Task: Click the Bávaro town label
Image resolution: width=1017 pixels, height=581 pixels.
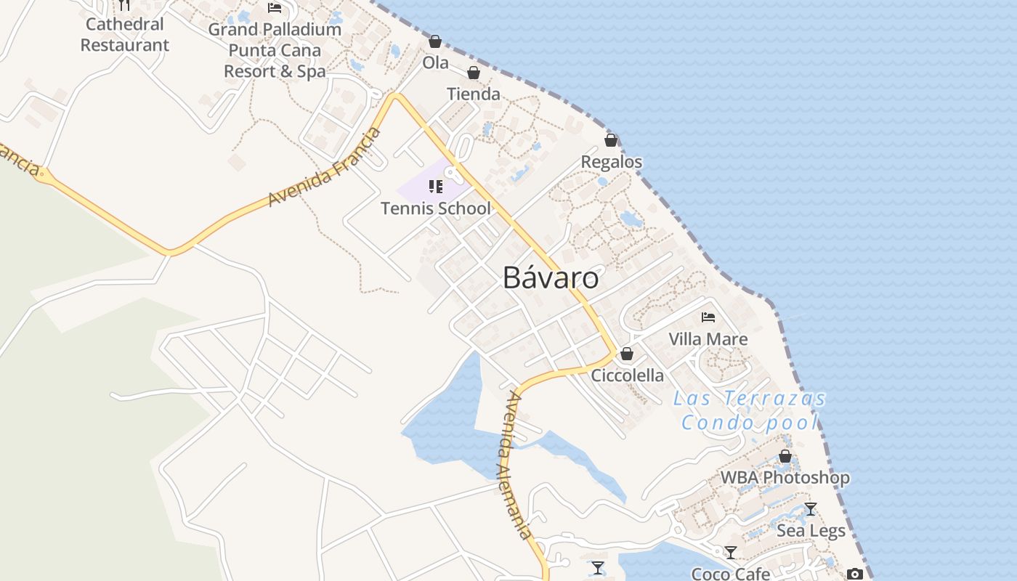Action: pos(551,278)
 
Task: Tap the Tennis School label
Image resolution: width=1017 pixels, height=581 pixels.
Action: pos(436,208)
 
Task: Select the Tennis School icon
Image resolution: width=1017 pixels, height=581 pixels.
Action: pos(436,187)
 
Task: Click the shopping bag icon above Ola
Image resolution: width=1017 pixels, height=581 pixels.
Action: pos(435,42)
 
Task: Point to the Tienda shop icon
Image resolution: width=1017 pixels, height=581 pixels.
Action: pos(474,73)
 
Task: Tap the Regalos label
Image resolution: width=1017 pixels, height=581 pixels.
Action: pos(612,161)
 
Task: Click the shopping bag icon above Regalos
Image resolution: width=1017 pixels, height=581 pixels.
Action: pos(611,140)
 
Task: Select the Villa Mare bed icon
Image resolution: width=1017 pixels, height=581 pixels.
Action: pos(708,317)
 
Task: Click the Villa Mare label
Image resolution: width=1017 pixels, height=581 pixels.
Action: pos(708,338)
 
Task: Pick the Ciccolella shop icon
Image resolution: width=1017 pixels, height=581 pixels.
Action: pos(627,354)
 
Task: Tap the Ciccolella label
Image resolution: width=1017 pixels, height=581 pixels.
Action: pos(627,375)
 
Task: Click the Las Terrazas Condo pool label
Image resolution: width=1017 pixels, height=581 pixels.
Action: pos(750,410)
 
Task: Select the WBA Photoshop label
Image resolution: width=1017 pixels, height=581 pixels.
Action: pos(785,477)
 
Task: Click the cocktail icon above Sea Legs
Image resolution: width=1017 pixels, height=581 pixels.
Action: pos(811,509)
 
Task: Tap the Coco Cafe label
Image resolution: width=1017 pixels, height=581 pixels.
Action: pos(730,573)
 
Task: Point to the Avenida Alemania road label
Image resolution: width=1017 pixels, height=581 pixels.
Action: pos(514,465)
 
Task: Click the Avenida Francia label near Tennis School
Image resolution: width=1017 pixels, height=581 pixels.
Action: pos(325,167)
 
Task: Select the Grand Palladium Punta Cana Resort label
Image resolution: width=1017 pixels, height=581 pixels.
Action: pos(275,50)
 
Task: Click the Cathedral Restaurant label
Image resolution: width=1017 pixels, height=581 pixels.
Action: pos(125,34)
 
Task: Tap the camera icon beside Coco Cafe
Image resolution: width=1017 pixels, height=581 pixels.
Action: pos(854,574)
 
